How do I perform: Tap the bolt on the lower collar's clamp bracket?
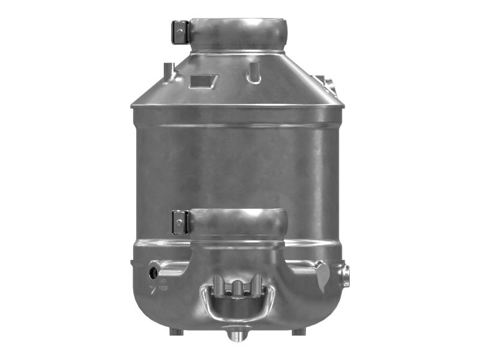(178, 223)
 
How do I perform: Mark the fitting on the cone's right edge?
(326, 83)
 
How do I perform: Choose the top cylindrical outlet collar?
(238, 34)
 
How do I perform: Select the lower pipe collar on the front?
(239, 223)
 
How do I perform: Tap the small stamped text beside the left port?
(163, 282)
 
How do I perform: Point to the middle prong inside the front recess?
(239, 287)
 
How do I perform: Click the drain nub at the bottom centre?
(236, 335)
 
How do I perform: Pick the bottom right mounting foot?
(299, 331)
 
